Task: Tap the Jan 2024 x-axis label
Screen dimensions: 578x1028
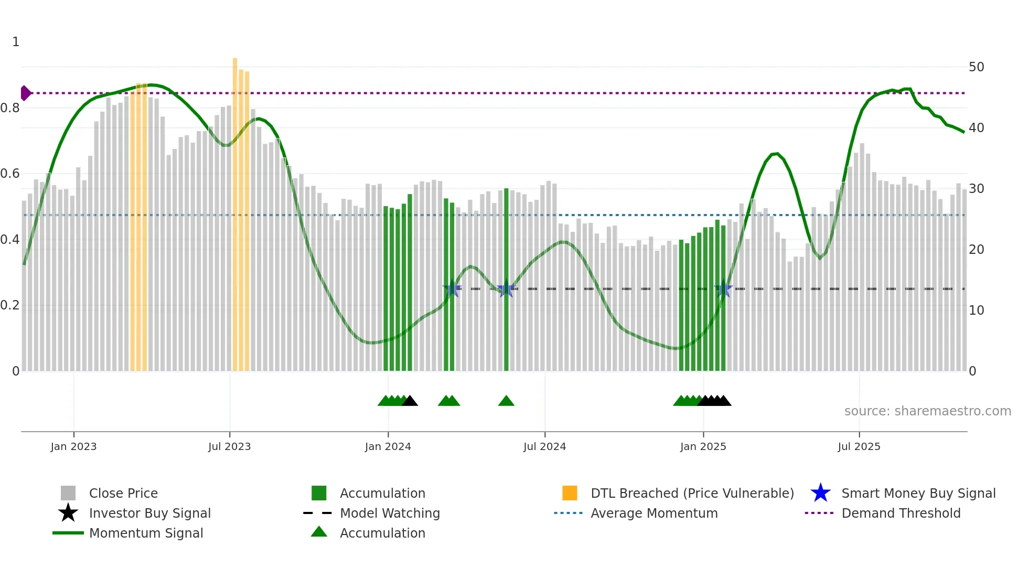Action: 388,447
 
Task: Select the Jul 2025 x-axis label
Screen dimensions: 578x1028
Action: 859,447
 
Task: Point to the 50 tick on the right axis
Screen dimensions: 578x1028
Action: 976,67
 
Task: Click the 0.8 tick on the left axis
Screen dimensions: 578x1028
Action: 10,108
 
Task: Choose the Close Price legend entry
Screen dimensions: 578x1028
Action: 123,493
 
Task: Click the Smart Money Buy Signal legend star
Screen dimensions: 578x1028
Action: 820,493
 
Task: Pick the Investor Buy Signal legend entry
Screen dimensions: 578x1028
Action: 149,513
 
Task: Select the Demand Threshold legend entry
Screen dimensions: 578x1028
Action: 901,513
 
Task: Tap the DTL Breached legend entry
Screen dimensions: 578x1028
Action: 692,493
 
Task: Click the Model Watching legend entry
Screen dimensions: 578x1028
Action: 389,513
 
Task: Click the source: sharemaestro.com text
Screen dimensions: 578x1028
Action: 927,411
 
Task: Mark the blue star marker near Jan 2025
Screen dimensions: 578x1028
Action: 723,288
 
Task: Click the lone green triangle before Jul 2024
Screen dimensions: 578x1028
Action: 506,401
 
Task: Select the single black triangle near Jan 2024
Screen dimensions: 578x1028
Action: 410,401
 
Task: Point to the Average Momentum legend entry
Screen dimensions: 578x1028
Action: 654,513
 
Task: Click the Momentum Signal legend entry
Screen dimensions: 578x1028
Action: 145,533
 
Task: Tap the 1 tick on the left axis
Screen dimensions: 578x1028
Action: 16,42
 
